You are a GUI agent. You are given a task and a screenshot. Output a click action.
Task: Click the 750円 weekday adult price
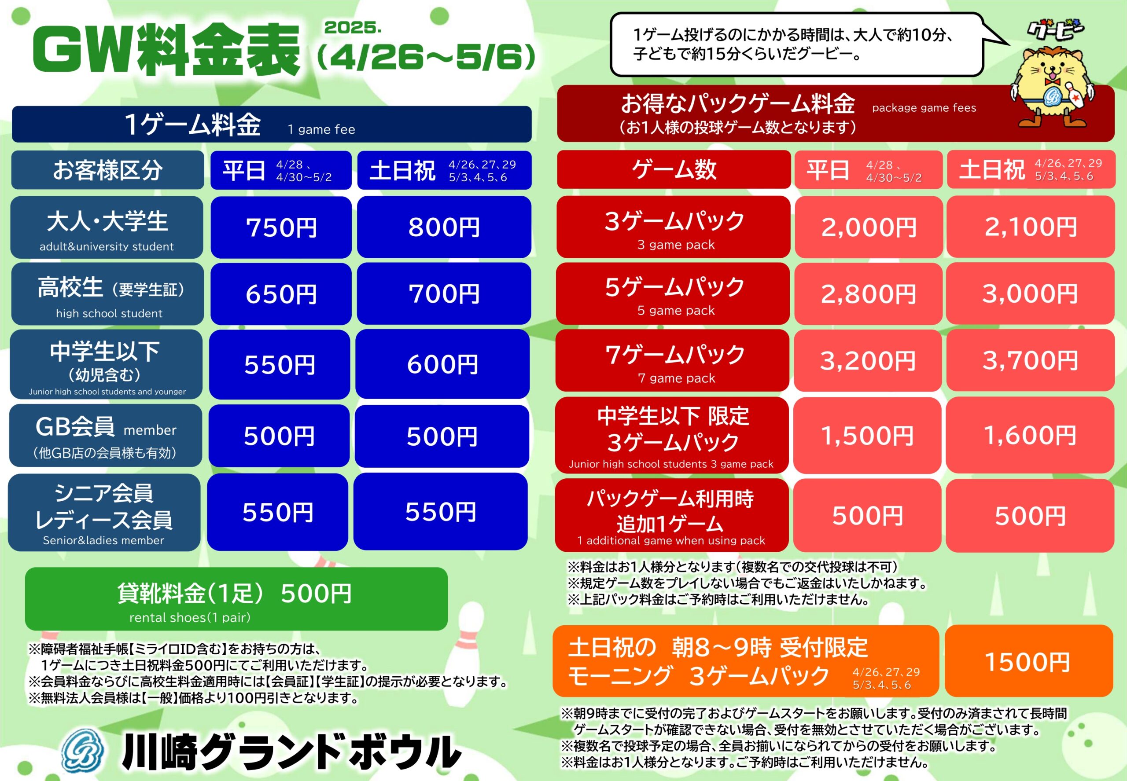[281, 227]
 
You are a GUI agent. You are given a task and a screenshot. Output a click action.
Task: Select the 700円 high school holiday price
[444, 293]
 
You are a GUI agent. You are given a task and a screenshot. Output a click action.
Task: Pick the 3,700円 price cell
[1030, 360]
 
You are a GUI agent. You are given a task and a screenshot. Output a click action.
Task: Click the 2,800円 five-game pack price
[869, 293]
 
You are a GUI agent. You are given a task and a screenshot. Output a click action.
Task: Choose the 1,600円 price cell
[1030, 435]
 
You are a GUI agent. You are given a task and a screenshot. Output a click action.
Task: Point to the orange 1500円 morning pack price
[1028, 661]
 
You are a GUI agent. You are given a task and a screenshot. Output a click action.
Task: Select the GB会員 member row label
[106, 436]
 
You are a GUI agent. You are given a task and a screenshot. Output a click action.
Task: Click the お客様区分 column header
[108, 170]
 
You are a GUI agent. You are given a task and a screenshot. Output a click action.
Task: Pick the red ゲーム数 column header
[674, 169]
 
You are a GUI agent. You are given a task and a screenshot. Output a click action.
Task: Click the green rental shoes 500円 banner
[236, 599]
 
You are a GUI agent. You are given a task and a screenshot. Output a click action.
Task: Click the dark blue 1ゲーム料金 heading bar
[272, 124]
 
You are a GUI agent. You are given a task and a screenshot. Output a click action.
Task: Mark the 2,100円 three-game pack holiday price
[1031, 227]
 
